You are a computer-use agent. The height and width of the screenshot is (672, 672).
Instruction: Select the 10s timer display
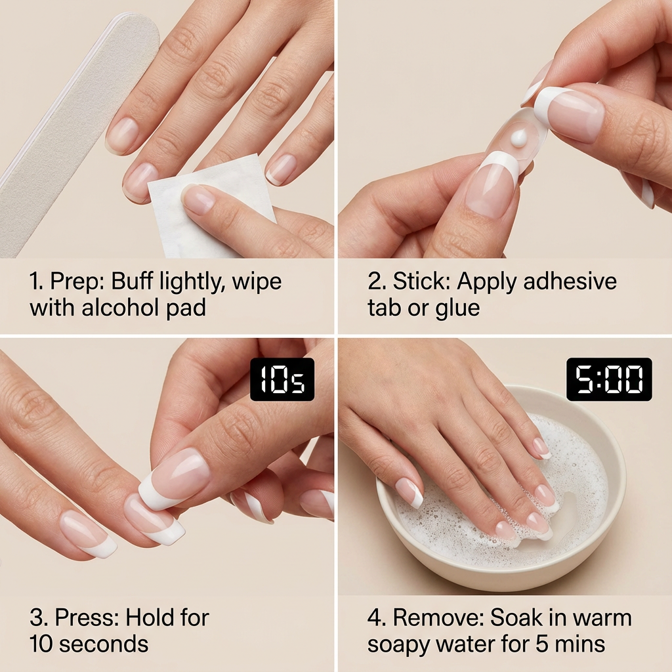pos(282,379)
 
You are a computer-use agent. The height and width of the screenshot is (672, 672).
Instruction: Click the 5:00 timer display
pos(609,379)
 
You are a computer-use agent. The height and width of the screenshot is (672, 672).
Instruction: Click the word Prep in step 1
pos(77,281)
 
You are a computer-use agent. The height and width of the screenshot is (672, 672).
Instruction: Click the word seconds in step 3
pos(104,644)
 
